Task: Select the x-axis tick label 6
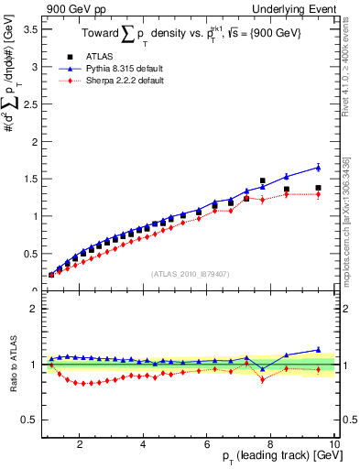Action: (207, 444)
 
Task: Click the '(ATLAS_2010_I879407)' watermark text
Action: (189, 273)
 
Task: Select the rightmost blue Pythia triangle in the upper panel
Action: (318, 167)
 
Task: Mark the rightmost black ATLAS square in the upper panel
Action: (318, 188)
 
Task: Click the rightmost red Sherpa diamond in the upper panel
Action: (318, 194)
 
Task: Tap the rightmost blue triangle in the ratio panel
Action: (318, 349)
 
